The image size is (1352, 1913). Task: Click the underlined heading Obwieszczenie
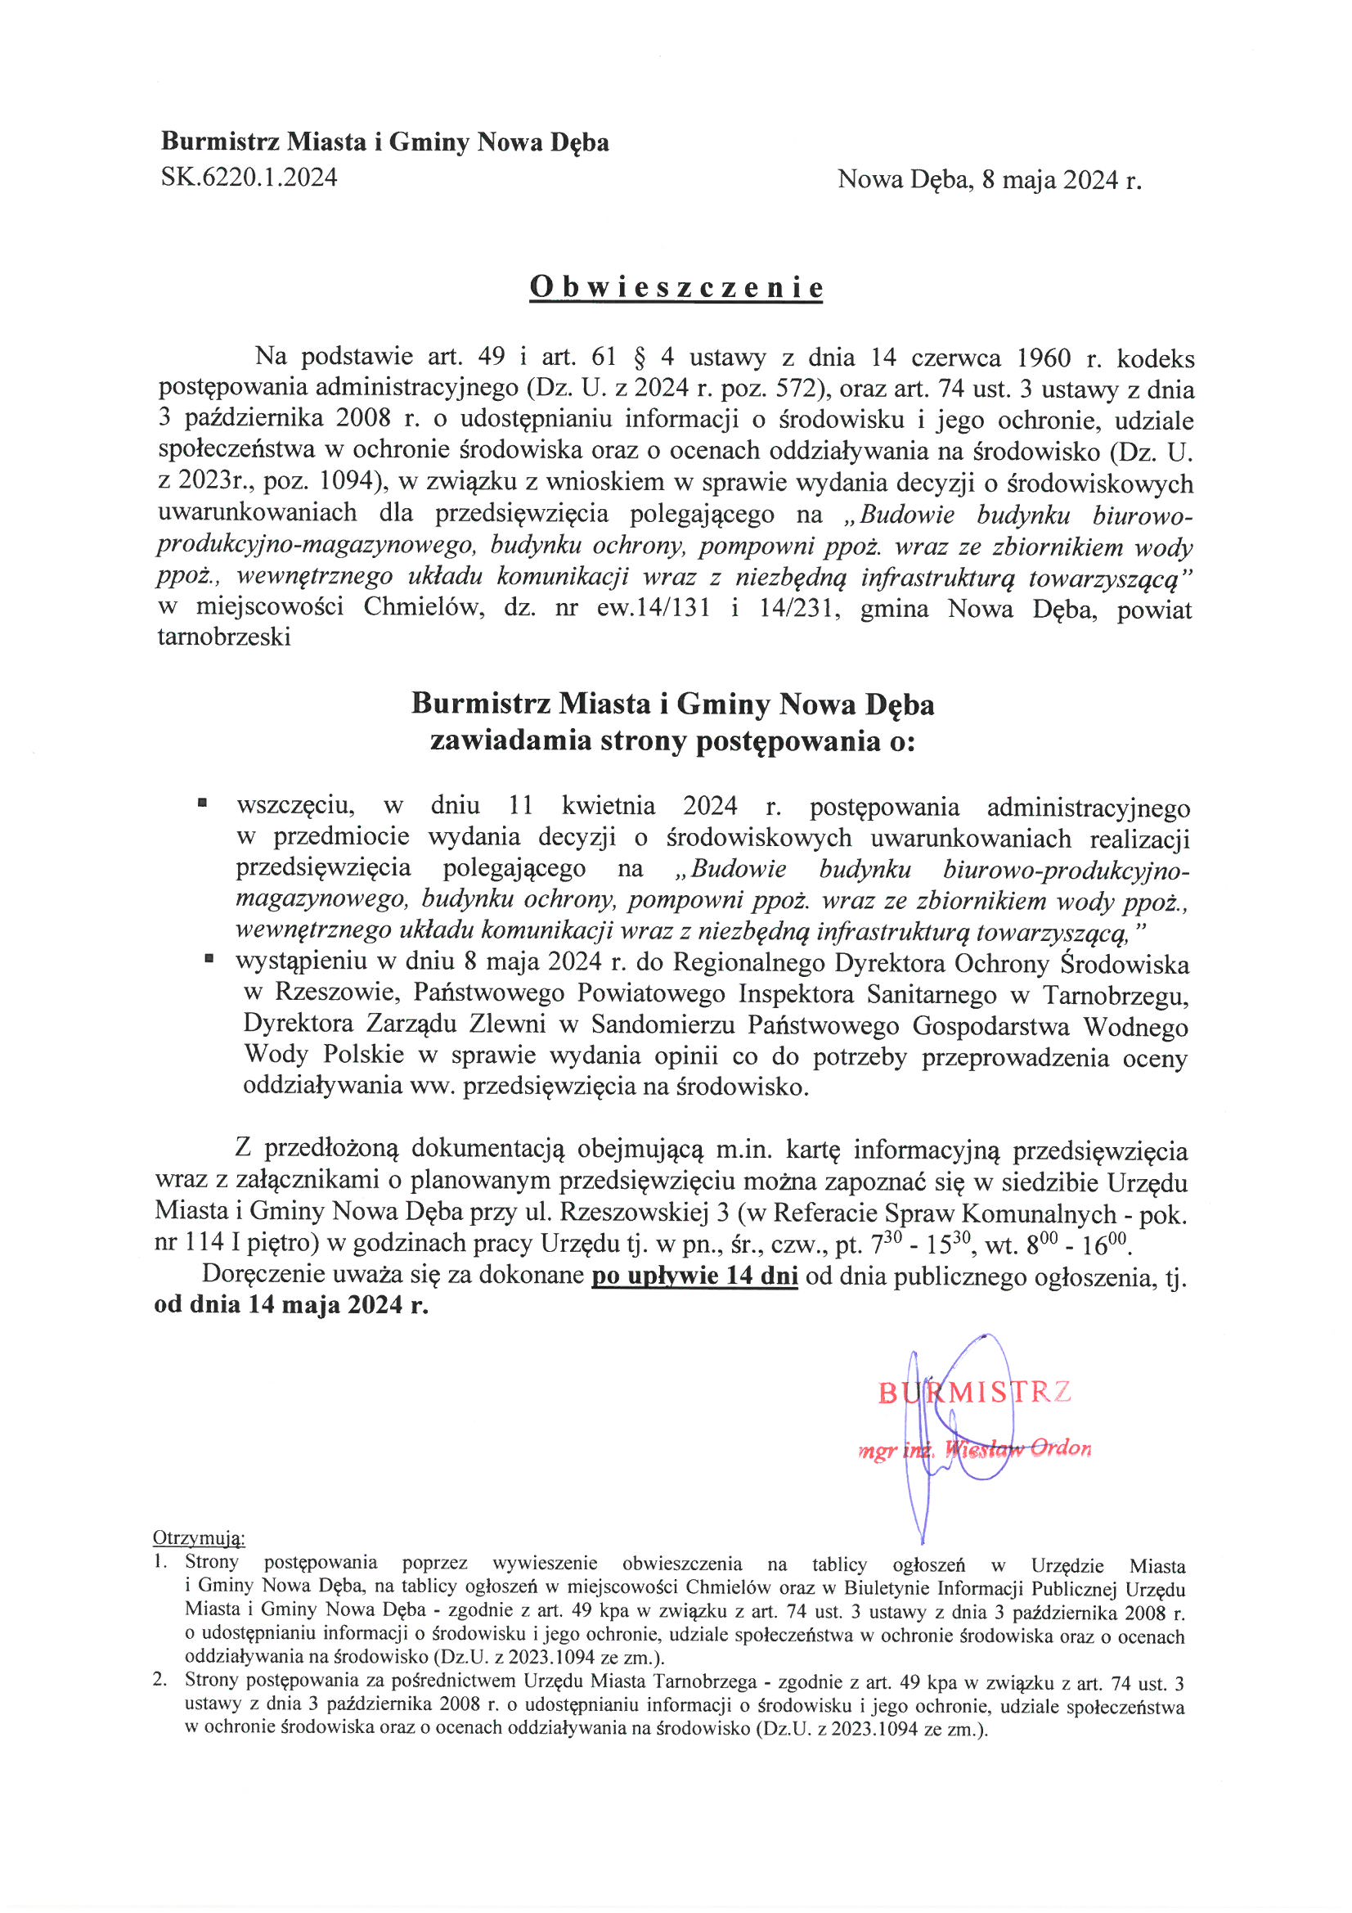[676, 287]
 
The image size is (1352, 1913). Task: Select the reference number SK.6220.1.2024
[249, 178]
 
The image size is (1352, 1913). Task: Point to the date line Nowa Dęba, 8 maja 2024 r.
[989, 179]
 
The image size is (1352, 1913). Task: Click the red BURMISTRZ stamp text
[974, 1393]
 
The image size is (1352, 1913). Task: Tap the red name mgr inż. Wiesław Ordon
[974, 1449]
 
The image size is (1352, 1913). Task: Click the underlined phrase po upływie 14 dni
[694, 1276]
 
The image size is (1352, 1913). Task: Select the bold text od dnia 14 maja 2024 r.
[291, 1305]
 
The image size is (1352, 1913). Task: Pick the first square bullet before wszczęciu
[202, 804]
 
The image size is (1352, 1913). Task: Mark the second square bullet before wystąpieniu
[209, 960]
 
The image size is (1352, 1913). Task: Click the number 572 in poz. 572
[777, 389]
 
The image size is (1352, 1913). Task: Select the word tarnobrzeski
[224, 638]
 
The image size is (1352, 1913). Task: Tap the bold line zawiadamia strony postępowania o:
[672, 740]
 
